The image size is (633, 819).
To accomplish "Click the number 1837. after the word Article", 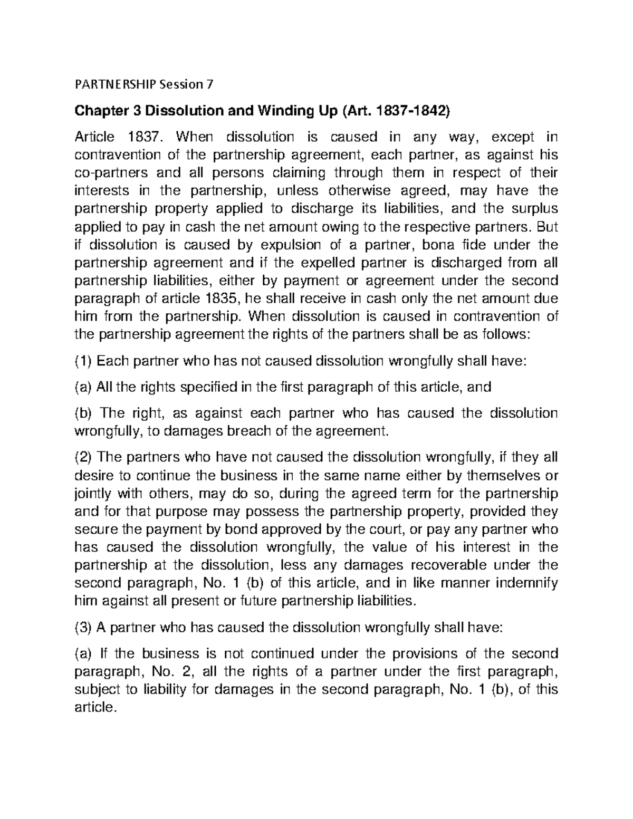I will [x=145, y=137].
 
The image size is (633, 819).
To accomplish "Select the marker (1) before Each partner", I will [x=83, y=361].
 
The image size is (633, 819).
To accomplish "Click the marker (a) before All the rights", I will [x=83, y=387].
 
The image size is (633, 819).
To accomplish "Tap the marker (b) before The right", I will [x=83, y=413].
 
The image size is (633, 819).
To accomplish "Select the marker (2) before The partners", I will [x=83, y=457].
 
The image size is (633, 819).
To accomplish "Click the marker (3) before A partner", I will [x=83, y=627].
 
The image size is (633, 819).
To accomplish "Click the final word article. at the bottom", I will [x=95, y=707].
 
